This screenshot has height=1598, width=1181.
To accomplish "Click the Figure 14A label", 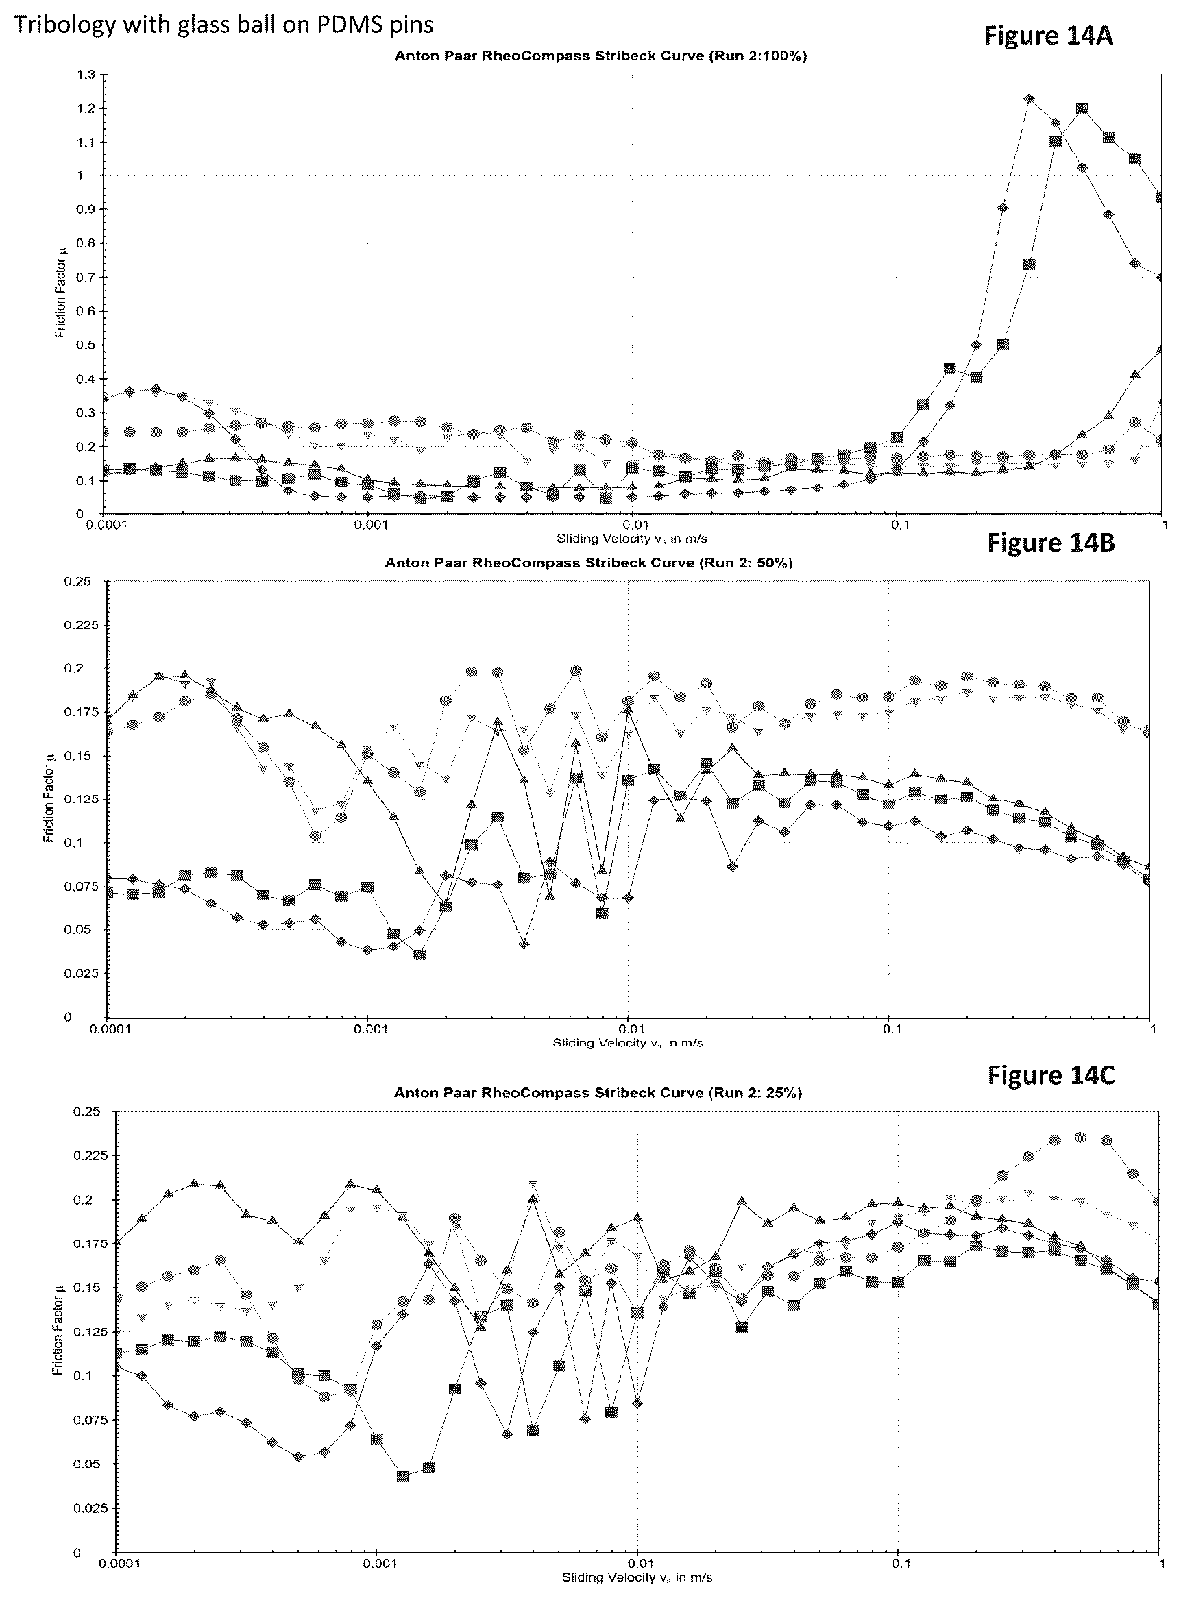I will [x=1047, y=35].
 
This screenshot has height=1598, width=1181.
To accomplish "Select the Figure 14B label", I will [x=1050, y=543].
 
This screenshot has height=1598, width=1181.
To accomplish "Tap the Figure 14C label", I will [x=1050, y=1074].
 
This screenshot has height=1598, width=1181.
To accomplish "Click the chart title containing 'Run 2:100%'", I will [x=600, y=56].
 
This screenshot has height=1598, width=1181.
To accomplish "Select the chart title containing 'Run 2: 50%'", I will [x=588, y=563].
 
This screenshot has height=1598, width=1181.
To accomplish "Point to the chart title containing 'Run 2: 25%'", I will [x=598, y=1093].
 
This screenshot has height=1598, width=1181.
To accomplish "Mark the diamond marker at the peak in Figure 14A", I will [x=1029, y=99].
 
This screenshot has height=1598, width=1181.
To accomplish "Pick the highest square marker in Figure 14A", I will [x=1082, y=110].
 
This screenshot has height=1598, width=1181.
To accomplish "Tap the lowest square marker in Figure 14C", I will [x=402, y=1476].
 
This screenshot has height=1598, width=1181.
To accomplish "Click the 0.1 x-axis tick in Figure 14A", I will [x=899, y=526].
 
